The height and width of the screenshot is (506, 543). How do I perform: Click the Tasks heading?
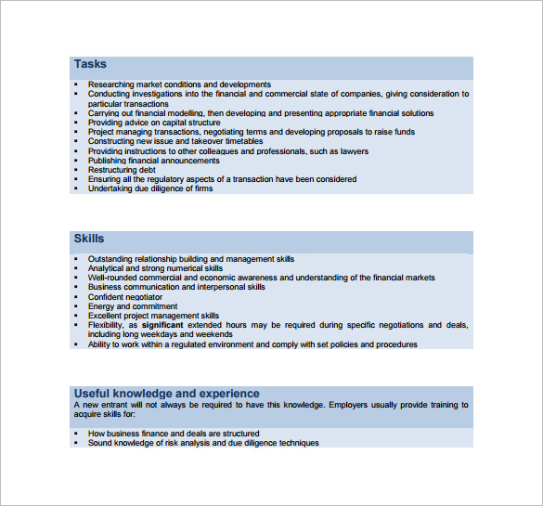pos(90,64)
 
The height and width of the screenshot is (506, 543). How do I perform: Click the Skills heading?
pos(89,239)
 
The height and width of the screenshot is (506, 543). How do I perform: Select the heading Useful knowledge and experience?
pos(166,394)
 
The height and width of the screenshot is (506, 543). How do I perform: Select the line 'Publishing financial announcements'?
pos(153,161)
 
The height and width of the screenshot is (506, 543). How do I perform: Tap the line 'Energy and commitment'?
pos(132,306)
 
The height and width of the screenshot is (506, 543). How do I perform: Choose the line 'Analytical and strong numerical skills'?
pos(155,268)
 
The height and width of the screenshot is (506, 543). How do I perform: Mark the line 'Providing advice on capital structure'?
pos(154,123)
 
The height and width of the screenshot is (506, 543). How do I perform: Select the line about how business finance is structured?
pos(174,434)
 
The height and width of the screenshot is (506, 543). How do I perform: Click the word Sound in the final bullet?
pos(99,443)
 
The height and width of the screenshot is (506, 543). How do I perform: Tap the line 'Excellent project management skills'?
pos(153,316)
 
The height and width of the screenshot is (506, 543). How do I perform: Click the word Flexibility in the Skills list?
pos(107,325)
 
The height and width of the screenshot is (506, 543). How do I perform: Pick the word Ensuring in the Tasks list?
pos(104,179)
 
